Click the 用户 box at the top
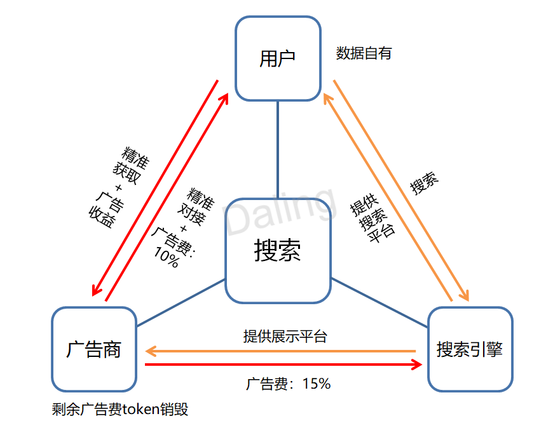tap(278, 58)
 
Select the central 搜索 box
tap(278, 251)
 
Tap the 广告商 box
tap(94, 349)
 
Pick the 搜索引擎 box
tap(470, 349)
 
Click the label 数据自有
tap(364, 53)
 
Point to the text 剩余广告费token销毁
tap(120, 409)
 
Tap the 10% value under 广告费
tap(166, 257)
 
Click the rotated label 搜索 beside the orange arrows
tap(424, 184)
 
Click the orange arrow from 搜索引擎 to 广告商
tap(280, 351)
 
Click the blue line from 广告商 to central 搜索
tap(181, 302)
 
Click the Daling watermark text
tap(280, 210)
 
